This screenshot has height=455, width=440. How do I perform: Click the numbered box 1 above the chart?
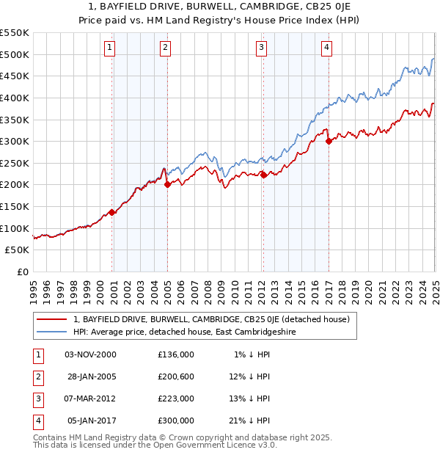[109, 48]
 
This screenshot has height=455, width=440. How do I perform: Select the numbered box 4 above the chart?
[326, 48]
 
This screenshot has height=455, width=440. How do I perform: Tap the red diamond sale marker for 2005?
[167, 185]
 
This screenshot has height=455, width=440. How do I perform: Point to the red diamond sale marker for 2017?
[329, 142]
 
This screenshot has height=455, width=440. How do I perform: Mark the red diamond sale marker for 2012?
[263, 175]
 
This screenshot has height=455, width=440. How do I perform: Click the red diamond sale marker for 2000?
[111, 212]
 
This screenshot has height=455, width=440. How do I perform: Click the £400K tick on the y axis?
[15, 98]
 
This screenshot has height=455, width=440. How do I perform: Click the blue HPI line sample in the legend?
[51, 332]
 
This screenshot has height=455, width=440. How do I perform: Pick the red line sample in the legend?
[51, 319]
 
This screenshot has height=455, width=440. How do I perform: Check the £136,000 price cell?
[176, 354]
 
